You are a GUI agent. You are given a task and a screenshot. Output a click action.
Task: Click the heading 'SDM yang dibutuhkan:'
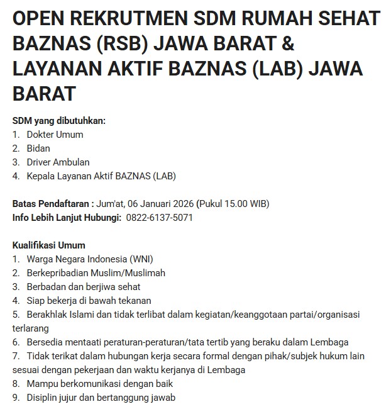click(59, 120)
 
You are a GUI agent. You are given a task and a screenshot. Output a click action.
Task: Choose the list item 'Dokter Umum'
click(55, 134)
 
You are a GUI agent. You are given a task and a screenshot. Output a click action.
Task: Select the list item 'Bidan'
click(38, 148)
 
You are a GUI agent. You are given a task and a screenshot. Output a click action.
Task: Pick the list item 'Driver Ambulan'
click(58, 162)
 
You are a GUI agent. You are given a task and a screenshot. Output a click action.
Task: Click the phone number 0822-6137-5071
click(159, 218)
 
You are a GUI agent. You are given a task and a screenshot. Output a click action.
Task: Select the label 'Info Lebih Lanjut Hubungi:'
click(67, 218)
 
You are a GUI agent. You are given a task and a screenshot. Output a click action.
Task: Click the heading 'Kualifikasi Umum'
click(49, 245)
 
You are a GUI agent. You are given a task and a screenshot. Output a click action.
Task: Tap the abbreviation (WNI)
click(141, 259)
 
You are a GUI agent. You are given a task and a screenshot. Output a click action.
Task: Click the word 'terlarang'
click(31, 328)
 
